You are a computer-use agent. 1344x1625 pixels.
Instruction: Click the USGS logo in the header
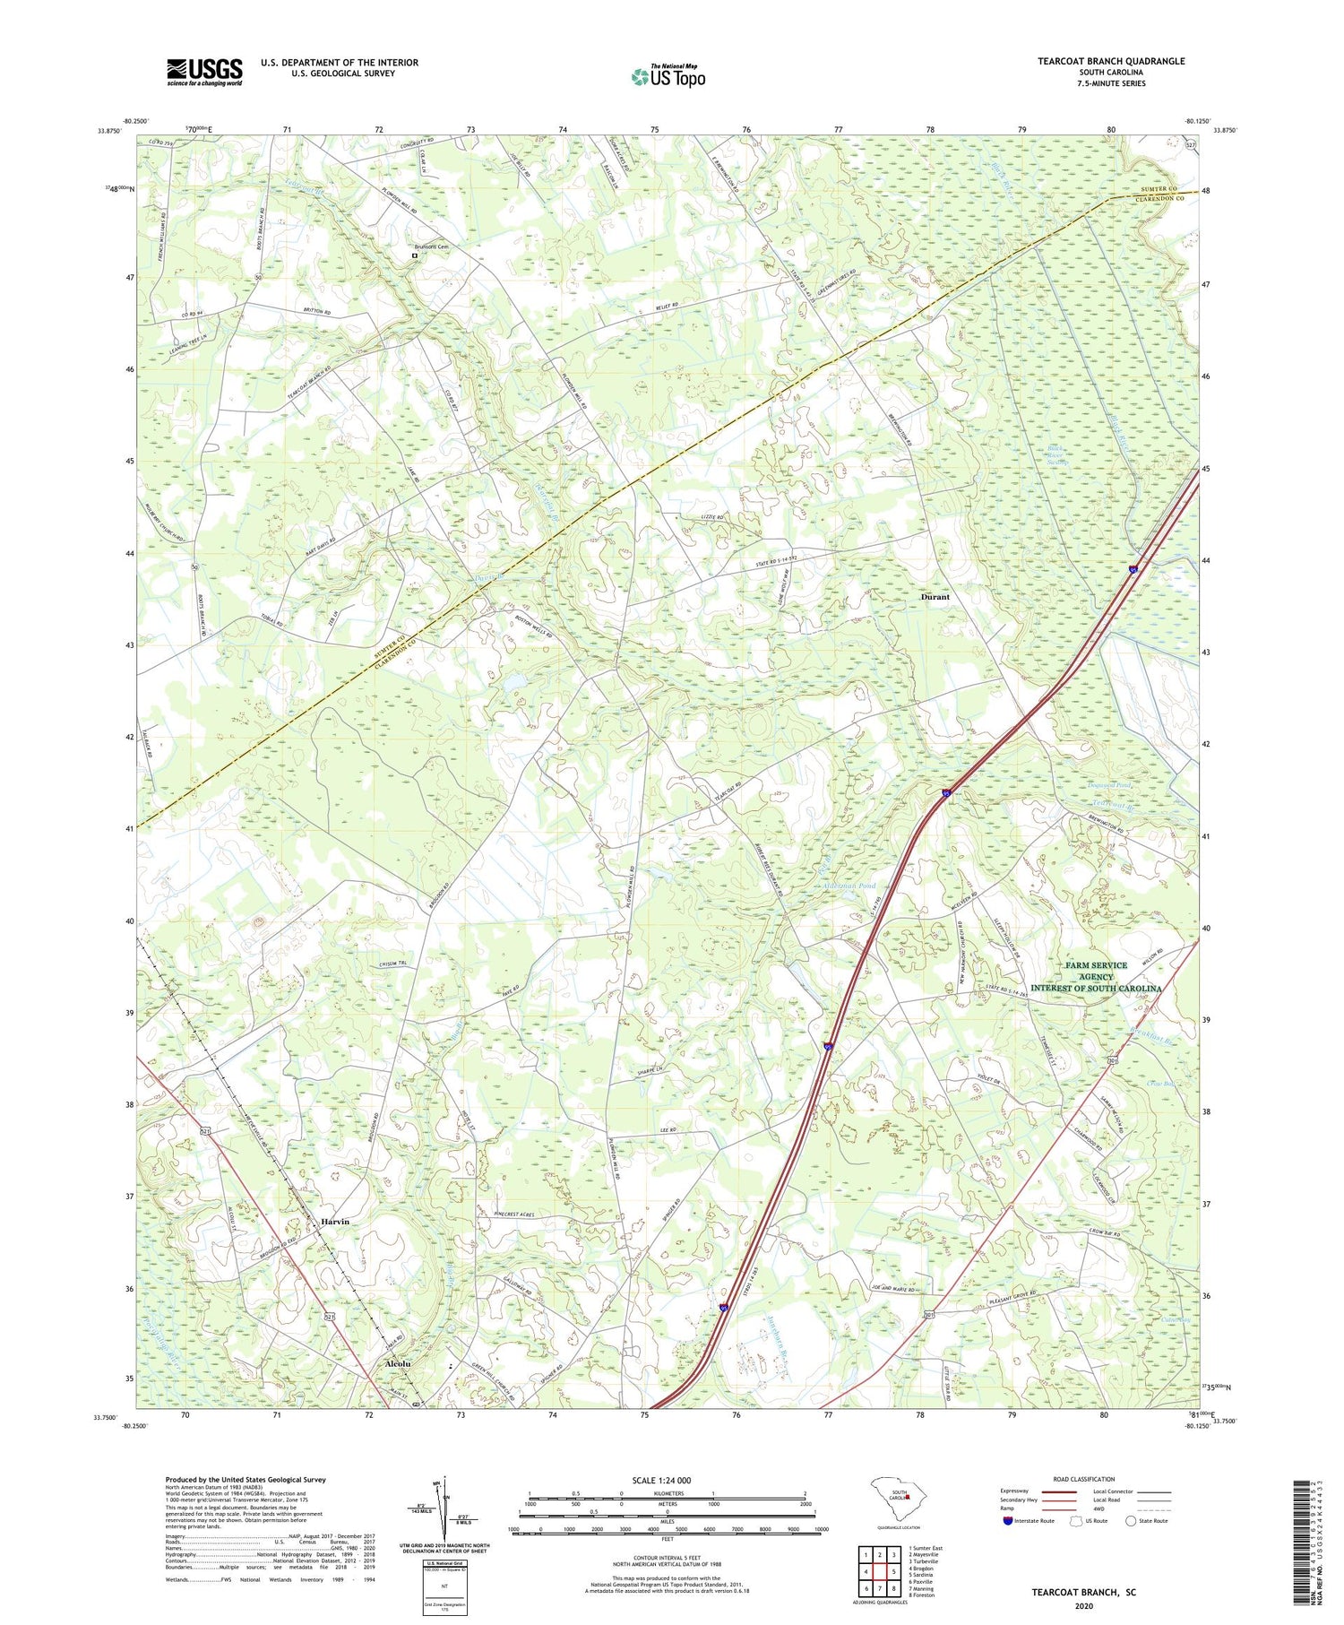tap(204, 72)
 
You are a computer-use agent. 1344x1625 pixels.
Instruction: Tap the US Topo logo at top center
tap(668, 76)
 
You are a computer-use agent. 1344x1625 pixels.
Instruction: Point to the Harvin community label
tap(334, 1222)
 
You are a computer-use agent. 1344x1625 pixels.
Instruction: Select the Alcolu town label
tap(397, 1362)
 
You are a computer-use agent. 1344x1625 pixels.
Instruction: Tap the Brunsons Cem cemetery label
tap(430, 247)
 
